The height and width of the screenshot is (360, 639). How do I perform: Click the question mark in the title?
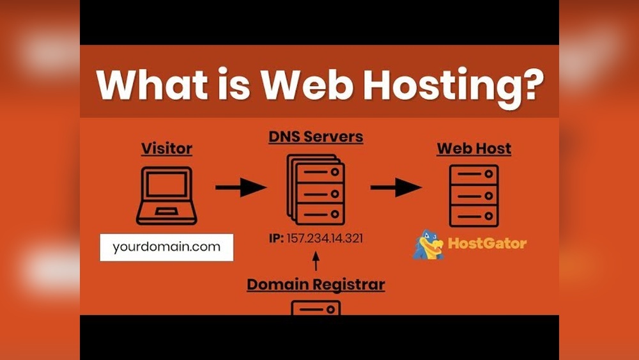tap(528, 84)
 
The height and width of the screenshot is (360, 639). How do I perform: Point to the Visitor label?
tap(166, 148)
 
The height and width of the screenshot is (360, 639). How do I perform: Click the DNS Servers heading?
tap(316, 136)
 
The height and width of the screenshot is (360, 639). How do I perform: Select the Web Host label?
tap(473, 148)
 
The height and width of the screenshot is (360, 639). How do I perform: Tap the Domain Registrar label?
tap(316, 284)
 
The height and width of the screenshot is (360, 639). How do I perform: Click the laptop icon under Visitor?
tap(166, 195)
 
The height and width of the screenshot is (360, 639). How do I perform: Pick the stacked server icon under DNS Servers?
tap(316, 189)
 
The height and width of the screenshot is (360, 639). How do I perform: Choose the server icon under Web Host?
tap(473, 196)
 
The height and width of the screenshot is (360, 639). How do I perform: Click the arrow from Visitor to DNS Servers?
tap(240, 187)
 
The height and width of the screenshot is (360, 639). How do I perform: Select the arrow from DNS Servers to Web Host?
tap(396, 187)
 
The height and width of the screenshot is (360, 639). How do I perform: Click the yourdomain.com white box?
tap(166, 247)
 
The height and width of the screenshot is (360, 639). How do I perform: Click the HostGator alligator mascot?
tap(428, 245)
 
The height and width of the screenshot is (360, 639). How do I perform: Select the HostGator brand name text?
tap(487, 243)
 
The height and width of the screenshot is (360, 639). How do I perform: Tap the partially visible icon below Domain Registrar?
tap(316, 308)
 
